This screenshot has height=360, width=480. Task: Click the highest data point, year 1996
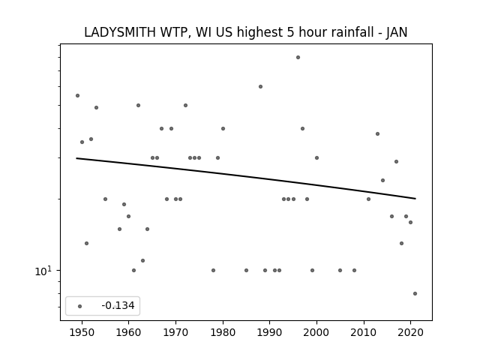coord(298,57)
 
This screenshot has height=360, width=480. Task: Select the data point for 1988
coord(260,87)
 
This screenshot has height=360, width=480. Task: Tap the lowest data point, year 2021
coord(415,293)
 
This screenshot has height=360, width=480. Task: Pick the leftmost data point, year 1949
coord(77,95)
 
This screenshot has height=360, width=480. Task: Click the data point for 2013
coord(377,133)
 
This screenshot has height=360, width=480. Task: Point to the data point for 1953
coord(96,107)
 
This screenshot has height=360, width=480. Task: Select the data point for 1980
coord(223,128)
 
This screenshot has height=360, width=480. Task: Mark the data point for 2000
coord(316,158)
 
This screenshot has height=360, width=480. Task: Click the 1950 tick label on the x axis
coord(82,332)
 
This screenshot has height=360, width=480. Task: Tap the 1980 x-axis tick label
coord(223,332)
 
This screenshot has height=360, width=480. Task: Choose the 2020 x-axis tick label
coord(410,332)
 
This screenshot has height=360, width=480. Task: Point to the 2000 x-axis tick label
coord(316,332)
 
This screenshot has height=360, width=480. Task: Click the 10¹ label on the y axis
coord(43,271)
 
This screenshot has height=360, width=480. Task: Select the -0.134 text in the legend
coord(118,305)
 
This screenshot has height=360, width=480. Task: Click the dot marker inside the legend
coord(80,306)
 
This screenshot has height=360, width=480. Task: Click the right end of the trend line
coord(415,199)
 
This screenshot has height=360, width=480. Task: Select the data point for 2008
coord(354,270)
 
